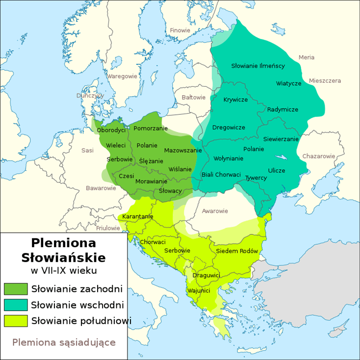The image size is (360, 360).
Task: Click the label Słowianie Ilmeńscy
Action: point(258,66)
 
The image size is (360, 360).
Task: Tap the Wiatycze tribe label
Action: point(288,83)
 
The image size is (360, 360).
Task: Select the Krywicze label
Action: point(235,100)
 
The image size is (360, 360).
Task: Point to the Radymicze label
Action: point(283,109)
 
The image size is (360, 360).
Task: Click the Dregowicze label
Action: point(229,128)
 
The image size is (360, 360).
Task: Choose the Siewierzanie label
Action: point(281,139)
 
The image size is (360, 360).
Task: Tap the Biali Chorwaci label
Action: point(221,175)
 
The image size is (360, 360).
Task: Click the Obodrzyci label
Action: point(111,130)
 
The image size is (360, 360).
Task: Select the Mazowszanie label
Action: point(183,150)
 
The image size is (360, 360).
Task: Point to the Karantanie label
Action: point(138,216)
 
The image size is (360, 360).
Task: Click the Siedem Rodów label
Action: point(236,251)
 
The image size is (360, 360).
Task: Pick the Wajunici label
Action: point(199,291)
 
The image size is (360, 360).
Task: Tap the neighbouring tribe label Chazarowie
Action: point(318,156)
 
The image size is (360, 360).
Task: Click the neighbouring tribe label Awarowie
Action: point(215,211)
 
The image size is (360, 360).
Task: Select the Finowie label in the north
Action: point(180,30)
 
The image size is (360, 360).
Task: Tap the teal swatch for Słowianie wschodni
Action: point(16,305)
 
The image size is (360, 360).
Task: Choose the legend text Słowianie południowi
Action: point(81,321)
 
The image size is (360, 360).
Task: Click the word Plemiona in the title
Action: point(63,243)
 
